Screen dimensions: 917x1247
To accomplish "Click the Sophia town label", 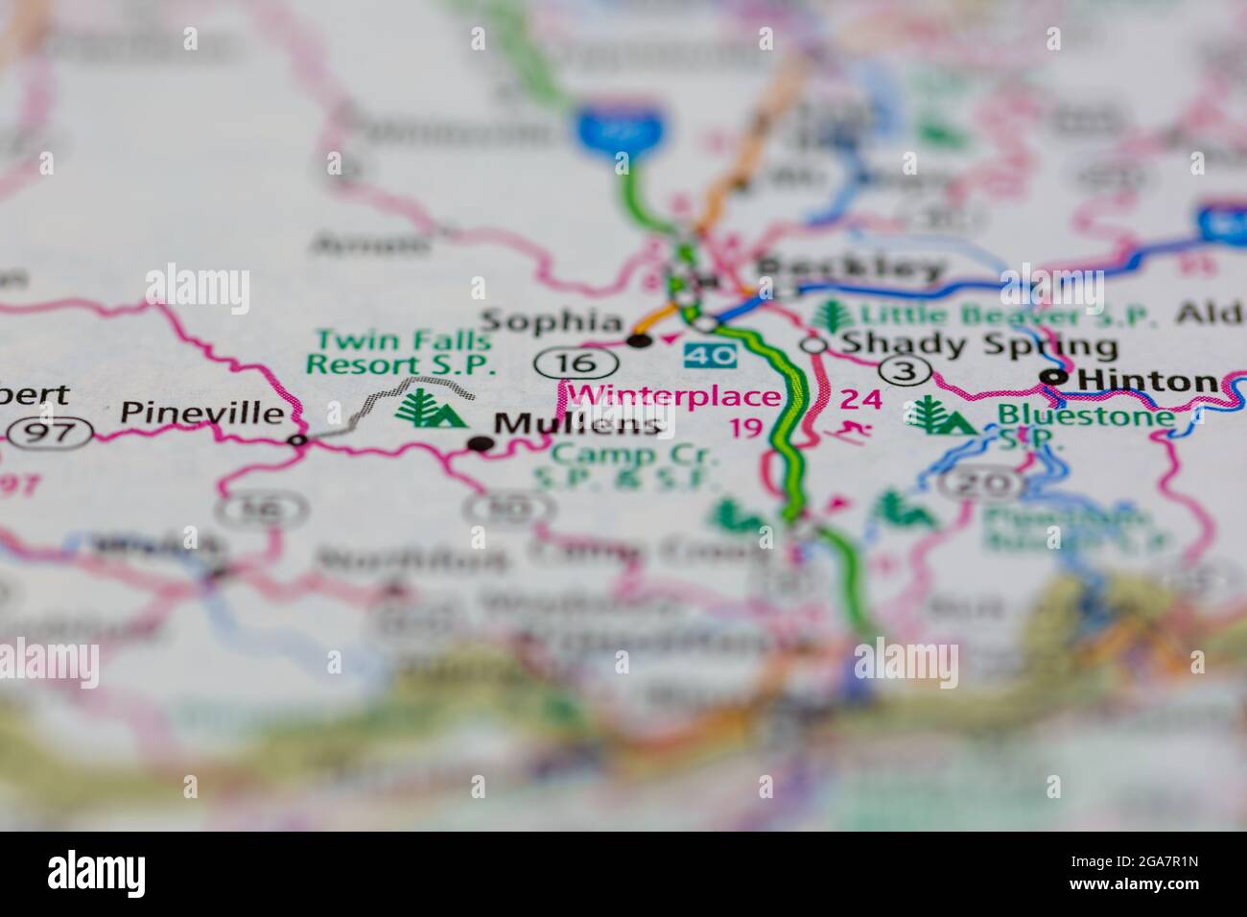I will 552,320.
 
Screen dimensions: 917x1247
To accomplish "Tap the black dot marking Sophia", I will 638,341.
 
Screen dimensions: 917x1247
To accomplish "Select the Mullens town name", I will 578,424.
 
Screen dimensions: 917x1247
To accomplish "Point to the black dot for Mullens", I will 480,443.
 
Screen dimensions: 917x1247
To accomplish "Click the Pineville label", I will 201,413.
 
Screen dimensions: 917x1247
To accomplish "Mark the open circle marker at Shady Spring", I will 814,344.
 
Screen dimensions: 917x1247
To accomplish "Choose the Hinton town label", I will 1147,381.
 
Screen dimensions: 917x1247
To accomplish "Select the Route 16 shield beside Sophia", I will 562,362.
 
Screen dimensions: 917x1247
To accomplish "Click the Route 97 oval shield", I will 49,432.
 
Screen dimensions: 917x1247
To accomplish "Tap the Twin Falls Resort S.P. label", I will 400,352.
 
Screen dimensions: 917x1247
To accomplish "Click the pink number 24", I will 860,399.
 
